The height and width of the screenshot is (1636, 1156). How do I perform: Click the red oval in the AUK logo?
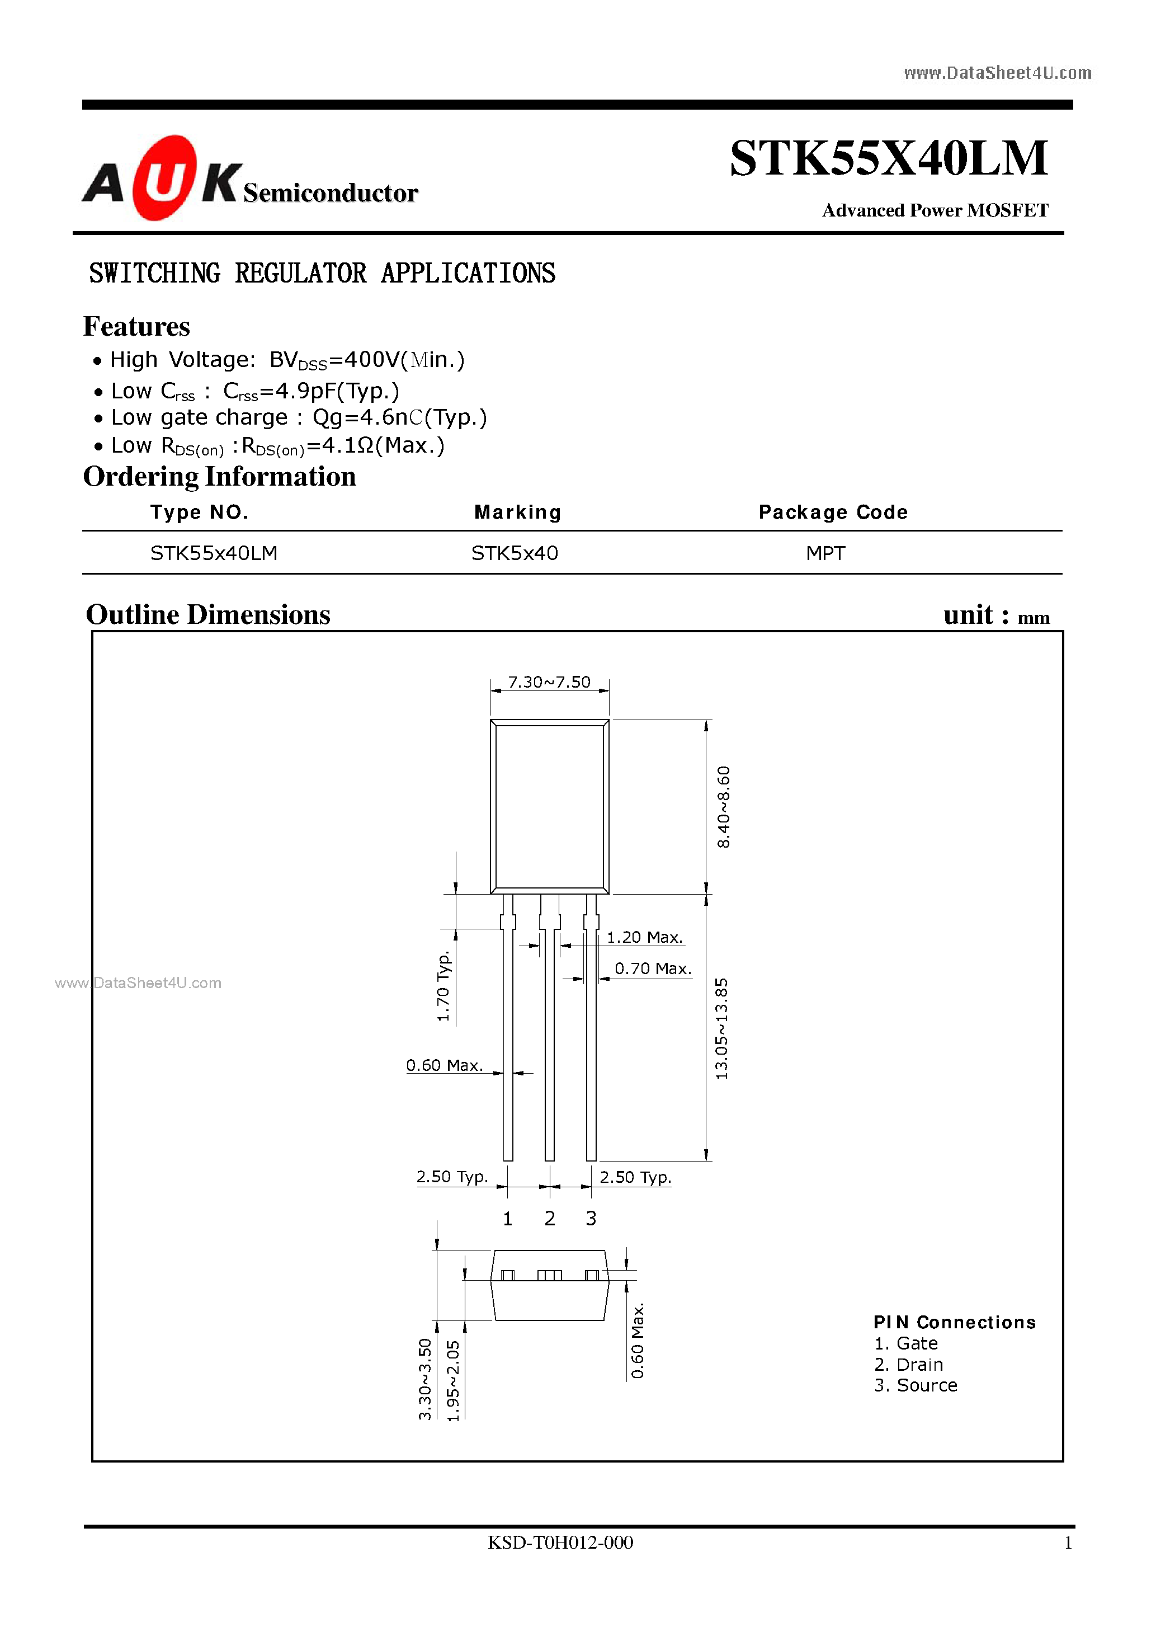[x=164, y=178]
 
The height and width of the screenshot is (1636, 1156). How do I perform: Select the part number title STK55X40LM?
[x=888, y=158]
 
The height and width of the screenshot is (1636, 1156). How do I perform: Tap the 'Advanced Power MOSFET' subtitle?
[x=935, y=210]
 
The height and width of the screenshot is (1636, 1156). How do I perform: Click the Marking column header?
[x=518, y=513]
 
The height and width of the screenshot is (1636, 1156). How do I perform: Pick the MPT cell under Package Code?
[x=825, y=554]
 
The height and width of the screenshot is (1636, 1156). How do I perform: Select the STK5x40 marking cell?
[x=515, y=554]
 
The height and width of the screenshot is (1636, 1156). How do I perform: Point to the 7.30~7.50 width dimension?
[x=549, y=683]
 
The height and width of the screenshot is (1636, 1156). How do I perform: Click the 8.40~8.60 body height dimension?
[x=723, y=807]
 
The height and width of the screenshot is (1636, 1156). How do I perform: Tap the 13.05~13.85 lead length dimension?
[x=721, y=1028]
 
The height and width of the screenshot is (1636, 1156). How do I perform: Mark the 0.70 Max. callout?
[x=653, y=969]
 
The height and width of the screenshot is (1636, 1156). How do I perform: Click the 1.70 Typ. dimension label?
[x=443, y=985]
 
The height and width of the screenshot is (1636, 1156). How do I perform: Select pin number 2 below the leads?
[x=550, y=1219]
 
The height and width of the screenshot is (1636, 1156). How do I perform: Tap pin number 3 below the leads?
[x=591, y=1219]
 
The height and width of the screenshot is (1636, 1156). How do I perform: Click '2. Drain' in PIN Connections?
[x=908, y=1365]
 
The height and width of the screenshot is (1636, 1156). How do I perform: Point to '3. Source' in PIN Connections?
[x=916, y=1385]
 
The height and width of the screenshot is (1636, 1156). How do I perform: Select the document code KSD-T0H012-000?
[x=560, y=1543]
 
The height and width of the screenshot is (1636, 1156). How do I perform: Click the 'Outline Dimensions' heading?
[x=208, y=615]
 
